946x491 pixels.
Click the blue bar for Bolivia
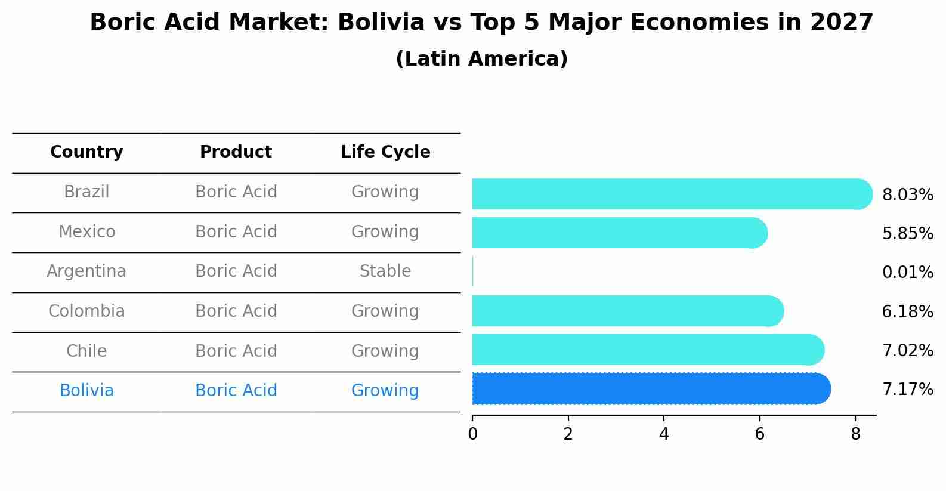(650, 389)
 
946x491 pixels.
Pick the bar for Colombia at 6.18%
(626, 311)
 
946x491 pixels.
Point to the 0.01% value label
(907, 273)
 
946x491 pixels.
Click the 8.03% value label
(907, 195)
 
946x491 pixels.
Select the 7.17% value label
(907, 390)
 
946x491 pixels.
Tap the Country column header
(86, 152)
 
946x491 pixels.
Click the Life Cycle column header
(385, 152)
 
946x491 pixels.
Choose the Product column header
(236, 152)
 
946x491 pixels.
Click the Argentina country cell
(86, 271)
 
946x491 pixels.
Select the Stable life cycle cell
(385, 271)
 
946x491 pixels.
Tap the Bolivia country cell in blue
(86, 391)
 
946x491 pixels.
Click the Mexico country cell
(86, 231)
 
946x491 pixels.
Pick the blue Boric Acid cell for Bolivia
(236, 391)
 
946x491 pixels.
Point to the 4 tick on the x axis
(664, 434)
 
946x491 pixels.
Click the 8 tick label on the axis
(855, 434)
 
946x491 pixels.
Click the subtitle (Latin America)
(481, 59)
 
